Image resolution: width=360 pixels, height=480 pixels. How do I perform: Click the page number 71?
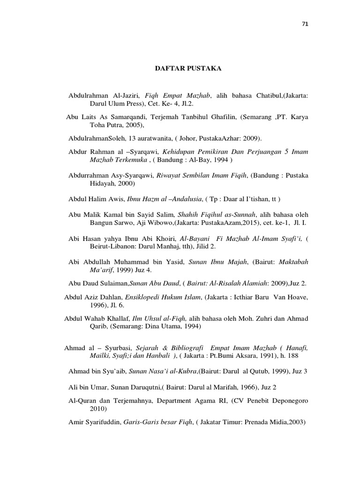click(x=307, y=24)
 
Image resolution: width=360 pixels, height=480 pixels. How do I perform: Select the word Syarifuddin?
click(x=103, y=422)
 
